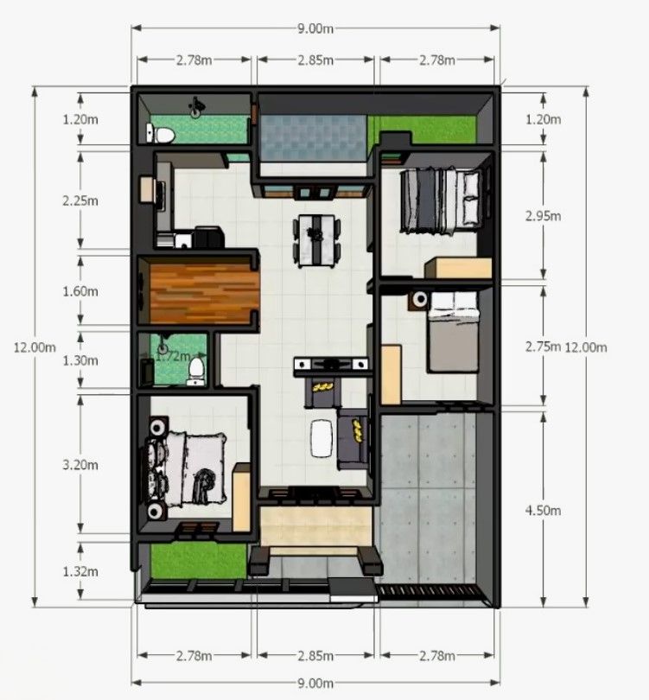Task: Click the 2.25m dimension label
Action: coord(80,200)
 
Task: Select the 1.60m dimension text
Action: coord(80,291)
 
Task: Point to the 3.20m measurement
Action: coord(80,465)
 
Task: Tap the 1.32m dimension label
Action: coord(80,571)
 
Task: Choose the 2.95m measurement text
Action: coord(544,217)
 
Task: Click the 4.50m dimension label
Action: coord(544,510)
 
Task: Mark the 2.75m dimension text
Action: coord(544,347)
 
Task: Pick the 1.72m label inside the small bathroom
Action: coord(173,356)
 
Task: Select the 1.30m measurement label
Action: coord(80,360)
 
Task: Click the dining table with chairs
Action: coord(316,241)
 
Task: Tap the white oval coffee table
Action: coord(321,438)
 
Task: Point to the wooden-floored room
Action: coord(205,292)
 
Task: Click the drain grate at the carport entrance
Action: coord(430,591)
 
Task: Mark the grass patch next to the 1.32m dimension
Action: coord(198,561)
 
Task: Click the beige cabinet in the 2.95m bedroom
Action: coord(458,268)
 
